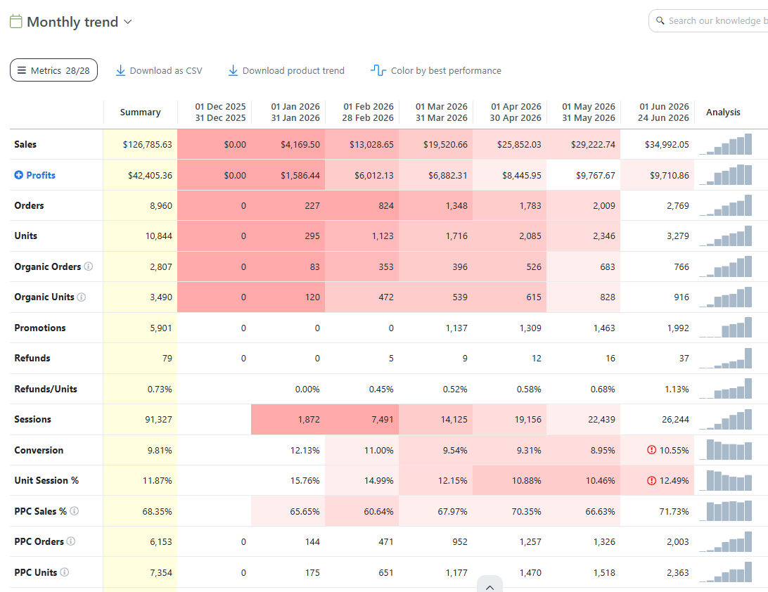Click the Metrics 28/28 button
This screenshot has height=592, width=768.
[54, 70]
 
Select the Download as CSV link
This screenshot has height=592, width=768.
[159, 70]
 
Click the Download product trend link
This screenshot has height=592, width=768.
[286, 70]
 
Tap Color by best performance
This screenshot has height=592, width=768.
[436, 70]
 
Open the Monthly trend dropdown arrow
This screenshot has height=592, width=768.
[128, 22]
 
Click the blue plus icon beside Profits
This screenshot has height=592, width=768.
[18, 175]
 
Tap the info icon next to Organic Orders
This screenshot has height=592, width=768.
[88, 266]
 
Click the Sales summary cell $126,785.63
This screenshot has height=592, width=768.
[148, 144]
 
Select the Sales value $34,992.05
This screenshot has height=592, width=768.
[667, 144]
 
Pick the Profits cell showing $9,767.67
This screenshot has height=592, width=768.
[596, 175]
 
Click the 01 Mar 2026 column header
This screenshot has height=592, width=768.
[441, 112]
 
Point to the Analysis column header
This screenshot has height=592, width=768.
[723, 112]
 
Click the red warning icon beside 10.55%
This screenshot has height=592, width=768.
[651, 449]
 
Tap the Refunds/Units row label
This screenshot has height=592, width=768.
[46, 389]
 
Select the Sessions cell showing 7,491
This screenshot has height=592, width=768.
[382, 419]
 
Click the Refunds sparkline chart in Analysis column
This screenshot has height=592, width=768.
[725, 358]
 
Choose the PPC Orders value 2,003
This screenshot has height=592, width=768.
[678, 541]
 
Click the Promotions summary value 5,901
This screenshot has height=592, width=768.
[160, 328]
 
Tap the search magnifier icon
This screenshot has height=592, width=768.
[660, 20]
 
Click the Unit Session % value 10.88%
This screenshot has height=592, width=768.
[527, 480]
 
